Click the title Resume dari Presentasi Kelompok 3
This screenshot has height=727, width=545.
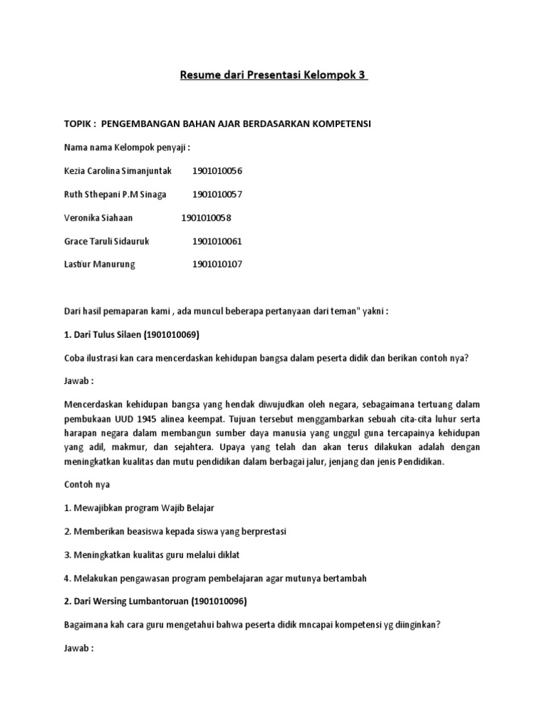pos(273,76)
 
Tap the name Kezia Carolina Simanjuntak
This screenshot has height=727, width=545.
pos(118,171)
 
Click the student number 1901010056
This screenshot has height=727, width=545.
pos(217,171)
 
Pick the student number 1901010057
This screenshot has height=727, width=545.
pos(217,195)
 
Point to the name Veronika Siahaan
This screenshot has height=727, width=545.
pos(98,218)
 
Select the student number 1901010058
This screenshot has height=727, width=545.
pos(206,218)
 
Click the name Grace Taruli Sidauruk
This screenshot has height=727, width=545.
pos(106,241)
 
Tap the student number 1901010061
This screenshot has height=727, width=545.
pos(217,241)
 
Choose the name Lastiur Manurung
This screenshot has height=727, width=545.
pos(99,265)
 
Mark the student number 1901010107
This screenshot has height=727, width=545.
pos(217,265)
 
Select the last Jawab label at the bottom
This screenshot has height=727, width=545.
pos(78,648)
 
